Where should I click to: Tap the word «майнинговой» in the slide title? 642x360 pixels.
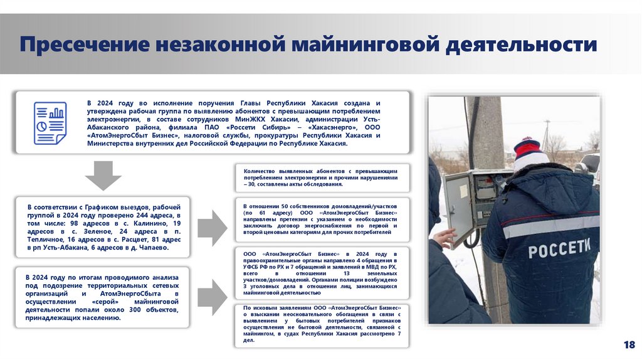point(362,45)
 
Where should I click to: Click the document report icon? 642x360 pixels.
point(50,123)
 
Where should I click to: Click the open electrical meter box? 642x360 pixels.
point(476,201)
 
